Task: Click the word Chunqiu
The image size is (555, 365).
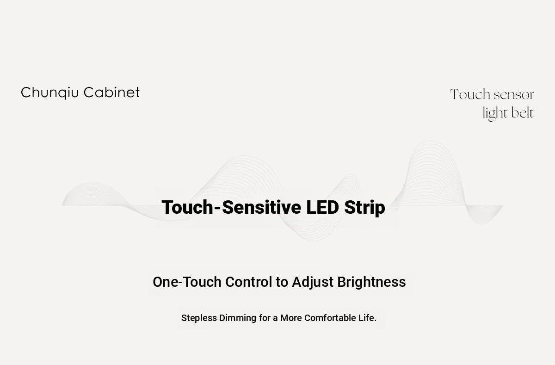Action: pos(50,93)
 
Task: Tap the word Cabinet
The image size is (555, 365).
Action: pos(112,92)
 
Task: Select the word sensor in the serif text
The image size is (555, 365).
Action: pos(514,95)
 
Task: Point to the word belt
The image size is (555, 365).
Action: pos(522,113)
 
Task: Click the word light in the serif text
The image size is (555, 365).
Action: pos(495,114)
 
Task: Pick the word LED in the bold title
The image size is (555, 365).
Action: pos(322,207)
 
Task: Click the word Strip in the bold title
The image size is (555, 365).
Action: pos(364,208)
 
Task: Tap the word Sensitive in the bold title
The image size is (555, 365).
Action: pos(262,207)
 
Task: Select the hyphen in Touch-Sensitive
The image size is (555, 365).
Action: pos(217,209)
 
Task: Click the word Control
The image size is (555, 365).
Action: pos(248,282)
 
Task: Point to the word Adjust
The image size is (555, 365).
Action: pos(313,283)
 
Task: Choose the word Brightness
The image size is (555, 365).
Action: pos(372,283)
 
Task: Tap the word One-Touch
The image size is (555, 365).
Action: pos(187,282)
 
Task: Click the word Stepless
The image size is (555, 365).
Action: pos(199,318)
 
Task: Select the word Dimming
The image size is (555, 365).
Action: pos(238,318)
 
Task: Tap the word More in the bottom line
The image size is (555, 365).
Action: pos(291,318)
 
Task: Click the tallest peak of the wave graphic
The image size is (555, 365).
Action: pos(431,141)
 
